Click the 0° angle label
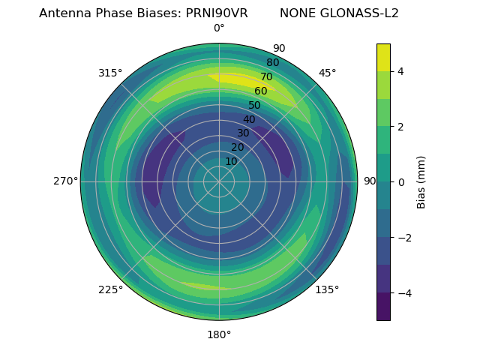tap(219, 28)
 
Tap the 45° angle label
tap(327, 73)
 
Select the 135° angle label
tap(327, 289)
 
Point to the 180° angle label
tap(219, 334)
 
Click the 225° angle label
tap(110, 289)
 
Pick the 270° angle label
tap(65, 181)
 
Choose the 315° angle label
tap(110, 73)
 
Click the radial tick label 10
tap(231, 161)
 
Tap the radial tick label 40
tap(249, 119)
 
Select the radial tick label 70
tap(267, 76)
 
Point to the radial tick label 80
tap(273, 63)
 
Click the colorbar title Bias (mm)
tap(421, 181)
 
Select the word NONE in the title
tap(297, 13)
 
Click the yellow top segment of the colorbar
tap(383, 57)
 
